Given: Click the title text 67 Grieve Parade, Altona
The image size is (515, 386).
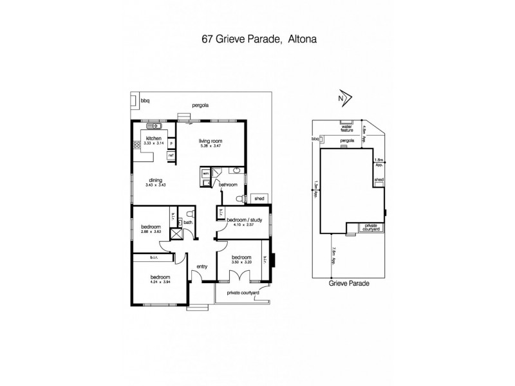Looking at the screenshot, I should coord(257,38).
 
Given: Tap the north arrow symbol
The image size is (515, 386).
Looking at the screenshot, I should coord(345,98).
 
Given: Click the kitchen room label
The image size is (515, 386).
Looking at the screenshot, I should coord(153,138).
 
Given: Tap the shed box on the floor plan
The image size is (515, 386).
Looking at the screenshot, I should coord(259,198).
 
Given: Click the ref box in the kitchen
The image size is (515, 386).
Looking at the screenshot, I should coord(171,155).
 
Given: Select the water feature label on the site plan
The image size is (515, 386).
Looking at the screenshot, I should coord(347,128).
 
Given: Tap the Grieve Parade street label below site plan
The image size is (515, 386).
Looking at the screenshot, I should coord(348,282).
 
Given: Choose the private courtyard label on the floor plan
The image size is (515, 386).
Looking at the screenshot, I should coord(243,293).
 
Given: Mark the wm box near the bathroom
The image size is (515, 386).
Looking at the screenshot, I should coord(205,173).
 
